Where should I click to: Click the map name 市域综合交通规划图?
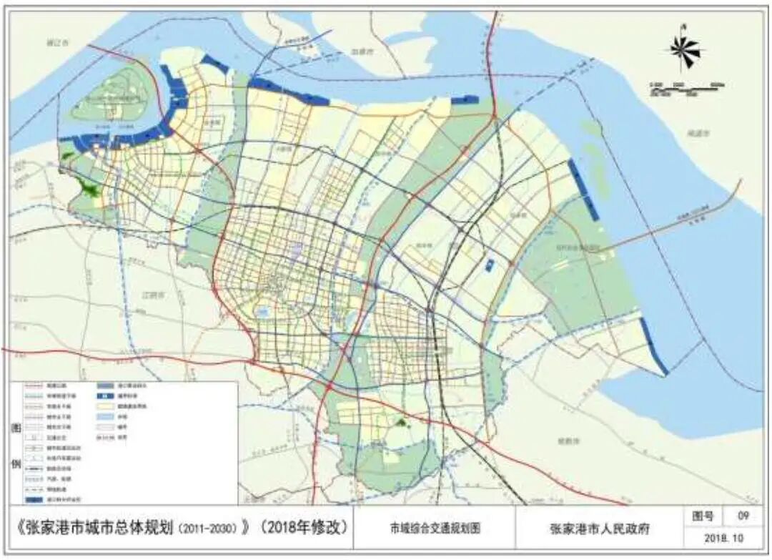(x=434, y=529)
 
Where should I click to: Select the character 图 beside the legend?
(x=16, y=429)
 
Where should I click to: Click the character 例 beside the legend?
(x=16, y=463)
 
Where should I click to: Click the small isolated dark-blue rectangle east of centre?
(x=489, y=265)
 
